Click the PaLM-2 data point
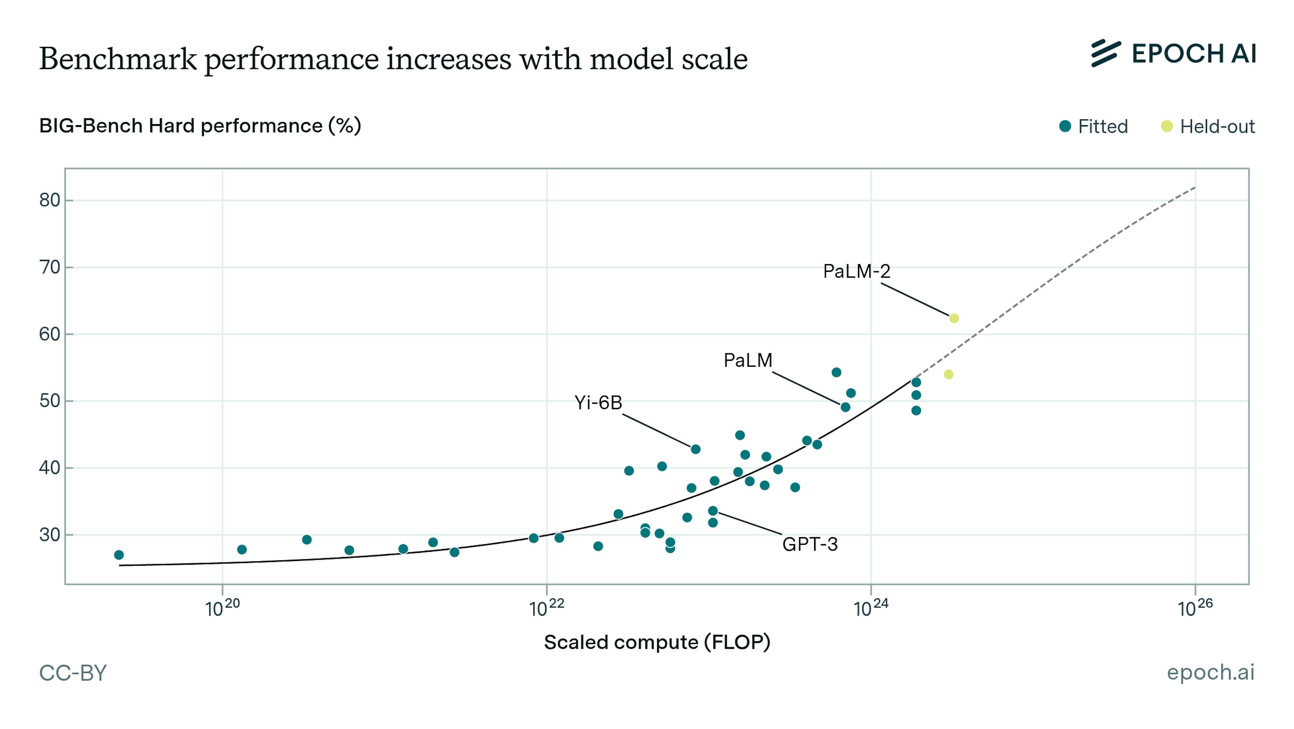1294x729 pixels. coord(953,318)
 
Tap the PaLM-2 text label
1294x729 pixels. coord(857,272)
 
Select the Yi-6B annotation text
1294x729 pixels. coord(598,403)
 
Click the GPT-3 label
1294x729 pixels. coord(810,544)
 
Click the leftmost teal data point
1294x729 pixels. coord(119,555)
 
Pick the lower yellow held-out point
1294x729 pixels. coord(948,374)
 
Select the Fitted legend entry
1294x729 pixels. coord(1093,126)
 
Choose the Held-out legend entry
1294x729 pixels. coord(1208,126)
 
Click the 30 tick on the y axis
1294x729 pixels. coord(50,535)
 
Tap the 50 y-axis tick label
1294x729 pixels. coord(50,401)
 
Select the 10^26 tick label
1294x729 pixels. coord(1195,608)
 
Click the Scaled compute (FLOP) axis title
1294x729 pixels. coord(657,642)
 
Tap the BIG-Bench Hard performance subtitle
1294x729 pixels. coord(200,126)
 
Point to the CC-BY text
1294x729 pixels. coord(73,673)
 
